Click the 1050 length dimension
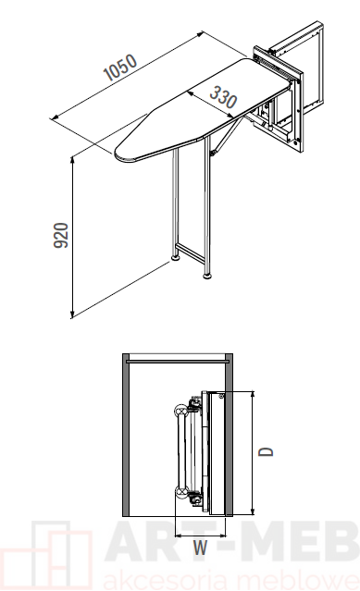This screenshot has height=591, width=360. pyautogui.click(x=120, y=68)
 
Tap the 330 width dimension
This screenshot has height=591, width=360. pyautogui.click(x=223, y=97)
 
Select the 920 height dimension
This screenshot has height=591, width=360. pyautogui.click(x=61, y=235)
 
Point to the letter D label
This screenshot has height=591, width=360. pyautogui.click(x=267, y=451)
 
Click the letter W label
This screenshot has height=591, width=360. pyautogui.click(x=200, y=548)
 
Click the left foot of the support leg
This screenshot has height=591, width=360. pyautogui.click(x=176, y=258)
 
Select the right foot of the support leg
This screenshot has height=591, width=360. pyautogui.click(x=207, y=276)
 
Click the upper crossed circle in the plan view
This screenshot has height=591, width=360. pyautogui.click(x=181, y=410)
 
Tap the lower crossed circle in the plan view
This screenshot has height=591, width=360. pyautogui.click(x=181, y=492)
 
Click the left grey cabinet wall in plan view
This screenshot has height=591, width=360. pyautogui.click(x=126, y=435)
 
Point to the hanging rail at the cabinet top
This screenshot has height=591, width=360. pyautogui.click(x=178, y=361)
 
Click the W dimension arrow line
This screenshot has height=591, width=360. pyautogui.click(x=201, y=536)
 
